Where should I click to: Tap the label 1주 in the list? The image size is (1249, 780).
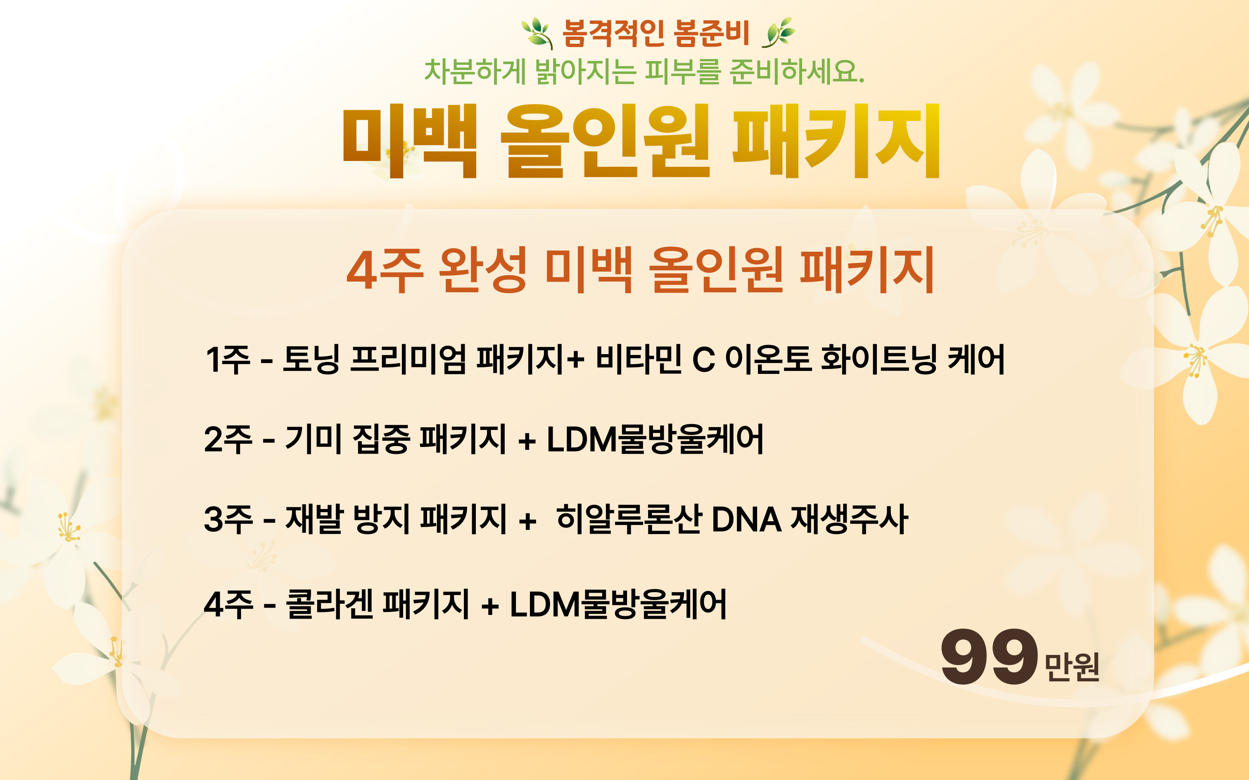coord(228,359)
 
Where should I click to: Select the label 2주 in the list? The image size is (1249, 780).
coord(228,440)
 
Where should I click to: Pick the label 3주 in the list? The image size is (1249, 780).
coord(228,519)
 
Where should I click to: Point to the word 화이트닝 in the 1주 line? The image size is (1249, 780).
coord(879,359)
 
